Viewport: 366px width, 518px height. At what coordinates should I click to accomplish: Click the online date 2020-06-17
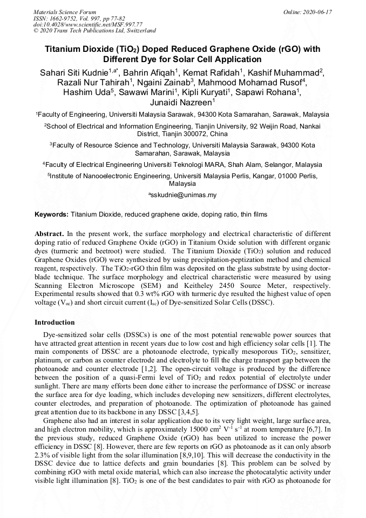(x=308, y=11)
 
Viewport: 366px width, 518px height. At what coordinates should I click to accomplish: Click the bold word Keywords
(x=51, y=214)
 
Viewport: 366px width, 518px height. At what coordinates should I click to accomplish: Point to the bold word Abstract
(x=49, y=233)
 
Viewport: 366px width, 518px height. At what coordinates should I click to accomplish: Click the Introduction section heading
(x=55, y=322)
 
